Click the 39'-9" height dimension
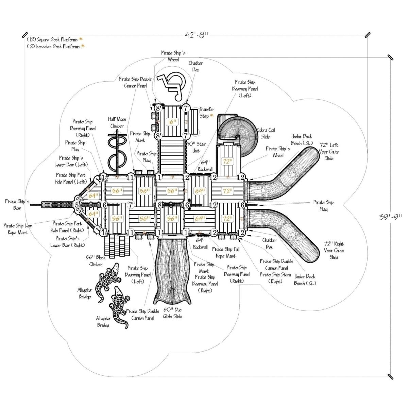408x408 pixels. pos(390,217)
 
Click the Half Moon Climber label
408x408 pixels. pos(117,123)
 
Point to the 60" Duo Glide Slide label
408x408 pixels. pos(172,313)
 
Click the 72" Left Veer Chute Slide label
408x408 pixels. pos(329,152)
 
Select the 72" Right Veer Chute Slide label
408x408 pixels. pos(334,250)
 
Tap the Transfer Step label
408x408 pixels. pos(206,113)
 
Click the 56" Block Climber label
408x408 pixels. pos(96,261)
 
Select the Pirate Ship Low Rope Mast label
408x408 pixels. pos(18,229)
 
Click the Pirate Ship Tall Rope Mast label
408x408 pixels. pos(224,253)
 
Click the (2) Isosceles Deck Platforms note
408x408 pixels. pos(53,46)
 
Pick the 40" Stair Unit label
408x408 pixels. pos(196,147)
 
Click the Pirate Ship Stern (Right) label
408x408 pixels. pos(275,278)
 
